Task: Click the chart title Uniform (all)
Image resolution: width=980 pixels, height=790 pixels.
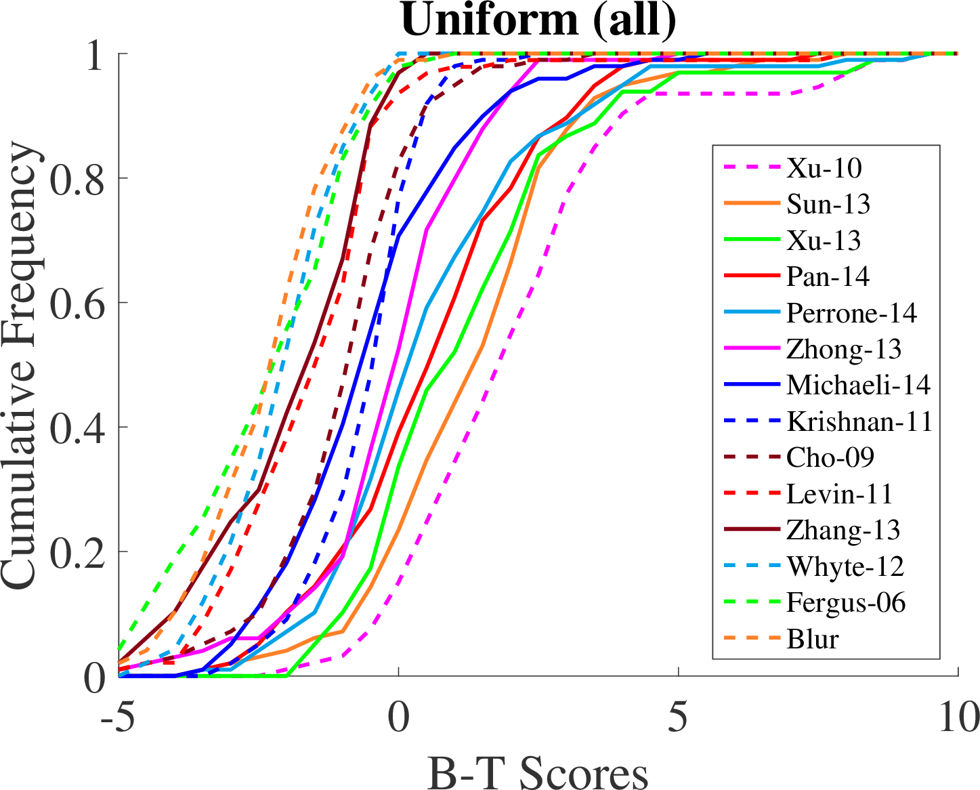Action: click(538, 20)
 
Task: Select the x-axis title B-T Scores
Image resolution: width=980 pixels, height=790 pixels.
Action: click(538, 772)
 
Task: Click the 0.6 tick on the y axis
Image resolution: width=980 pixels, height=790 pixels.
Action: click(78, 303)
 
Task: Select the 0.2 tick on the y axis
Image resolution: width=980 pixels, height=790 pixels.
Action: click(78, 552)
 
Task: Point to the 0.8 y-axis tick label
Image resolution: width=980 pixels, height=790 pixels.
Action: click(78, 178)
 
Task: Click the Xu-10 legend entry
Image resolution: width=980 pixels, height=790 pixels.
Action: click(824, 168)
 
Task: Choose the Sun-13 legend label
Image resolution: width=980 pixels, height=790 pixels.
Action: click(828, 204)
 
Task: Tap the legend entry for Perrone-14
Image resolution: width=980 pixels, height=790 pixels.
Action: click(851, 313)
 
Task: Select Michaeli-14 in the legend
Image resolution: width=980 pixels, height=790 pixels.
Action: click(858, 385)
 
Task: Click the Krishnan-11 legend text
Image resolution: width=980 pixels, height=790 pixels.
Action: click(859, 421)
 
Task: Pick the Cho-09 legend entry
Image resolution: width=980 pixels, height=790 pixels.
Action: click(830, 457)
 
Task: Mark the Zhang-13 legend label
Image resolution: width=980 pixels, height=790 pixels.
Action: click(843, 530)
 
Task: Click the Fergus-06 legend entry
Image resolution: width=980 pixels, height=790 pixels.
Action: click(846, 602)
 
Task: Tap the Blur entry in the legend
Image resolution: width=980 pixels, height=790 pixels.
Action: click(813, 639)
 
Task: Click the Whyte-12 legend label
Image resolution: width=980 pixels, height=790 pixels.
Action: click(845, 566)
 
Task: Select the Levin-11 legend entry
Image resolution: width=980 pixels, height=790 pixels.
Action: click(839, 494)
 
